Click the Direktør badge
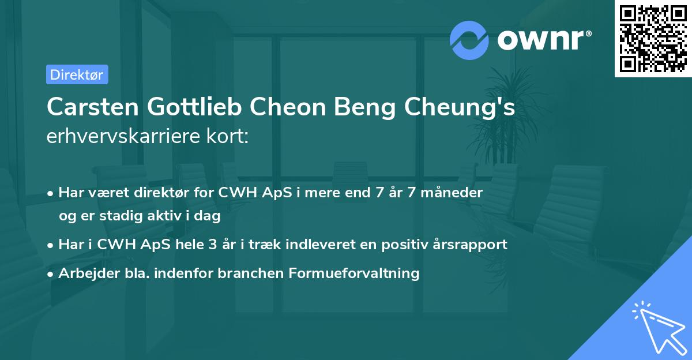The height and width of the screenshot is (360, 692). [77, 74]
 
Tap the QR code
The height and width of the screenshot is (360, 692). [653, 38]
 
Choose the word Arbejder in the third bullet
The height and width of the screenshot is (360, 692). [85, 273]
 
